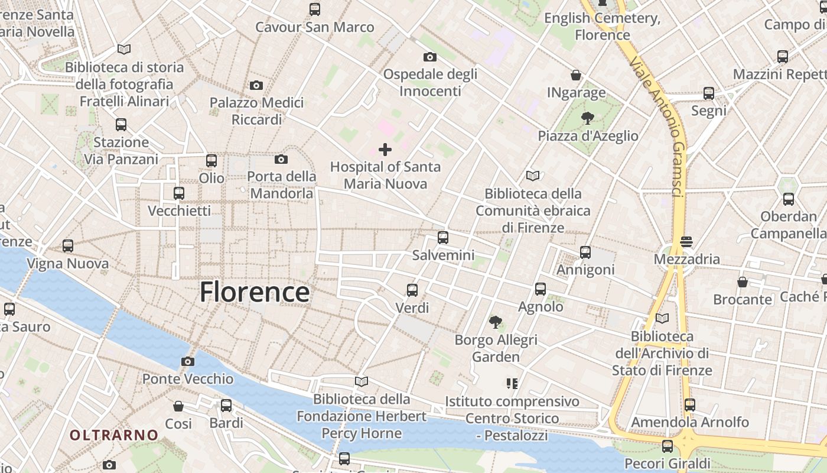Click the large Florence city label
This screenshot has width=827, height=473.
(254, 292)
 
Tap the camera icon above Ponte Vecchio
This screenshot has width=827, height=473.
(188, 361)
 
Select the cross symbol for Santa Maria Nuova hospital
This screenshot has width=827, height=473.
(385, 149)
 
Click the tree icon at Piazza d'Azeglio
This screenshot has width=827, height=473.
(587, 118)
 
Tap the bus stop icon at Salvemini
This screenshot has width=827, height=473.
(443, 238)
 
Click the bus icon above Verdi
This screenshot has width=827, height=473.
(412, 290)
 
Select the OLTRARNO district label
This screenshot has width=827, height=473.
(114, 435)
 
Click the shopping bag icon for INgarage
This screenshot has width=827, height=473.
(576, 75)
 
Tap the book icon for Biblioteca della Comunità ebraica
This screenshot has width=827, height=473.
(533, 176)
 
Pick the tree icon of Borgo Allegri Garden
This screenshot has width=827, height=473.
(496, 322)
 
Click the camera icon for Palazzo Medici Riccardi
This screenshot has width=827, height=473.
(256, 85)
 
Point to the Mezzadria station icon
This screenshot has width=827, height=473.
(686, 241)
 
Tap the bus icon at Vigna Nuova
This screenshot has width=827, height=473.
(68, 245)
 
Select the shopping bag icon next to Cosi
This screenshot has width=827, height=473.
(178, 406)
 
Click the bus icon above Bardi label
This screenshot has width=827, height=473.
(226, 405)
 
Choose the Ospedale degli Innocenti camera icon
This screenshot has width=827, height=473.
(430, 57)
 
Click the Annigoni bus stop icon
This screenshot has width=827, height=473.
(585, 252)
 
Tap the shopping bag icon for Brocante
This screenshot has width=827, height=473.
(743, 282)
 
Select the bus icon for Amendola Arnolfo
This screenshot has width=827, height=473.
(690, 404)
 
